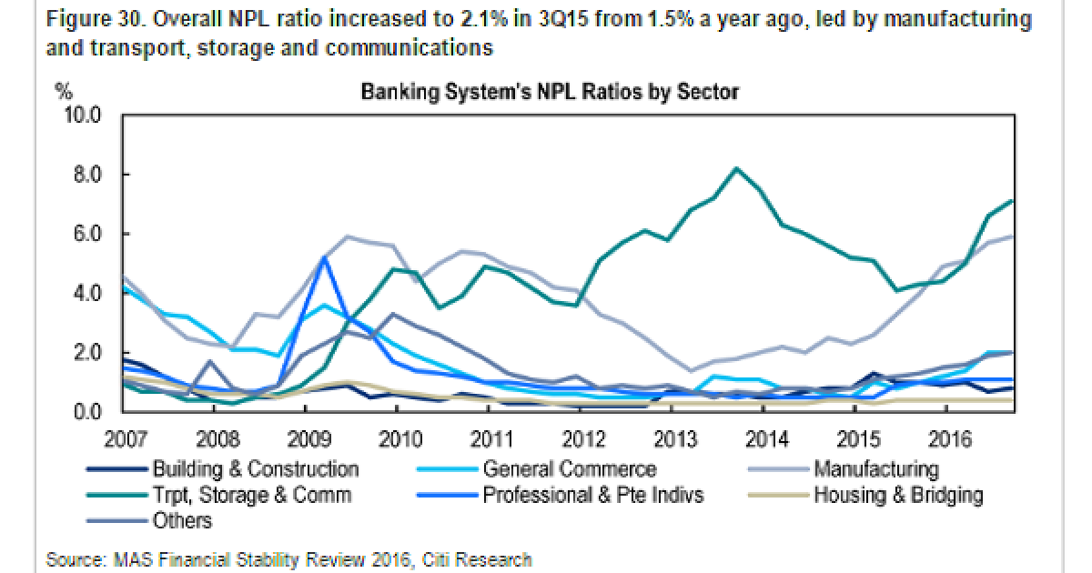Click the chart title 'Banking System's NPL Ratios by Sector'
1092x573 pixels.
click(550, 92)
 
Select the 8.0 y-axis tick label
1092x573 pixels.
click(84, 175)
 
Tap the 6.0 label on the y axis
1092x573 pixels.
click(84, 234)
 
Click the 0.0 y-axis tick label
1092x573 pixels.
click(84, 412)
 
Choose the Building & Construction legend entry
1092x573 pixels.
click(256, 469)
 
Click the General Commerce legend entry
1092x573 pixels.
click(570, 469)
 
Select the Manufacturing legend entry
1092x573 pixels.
click(875, 469)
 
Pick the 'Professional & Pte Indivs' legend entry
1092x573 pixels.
click(593, 496)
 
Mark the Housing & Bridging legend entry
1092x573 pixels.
click(898, 496)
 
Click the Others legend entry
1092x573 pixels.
click(182, 521)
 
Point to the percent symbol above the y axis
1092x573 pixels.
click(63, 91)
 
